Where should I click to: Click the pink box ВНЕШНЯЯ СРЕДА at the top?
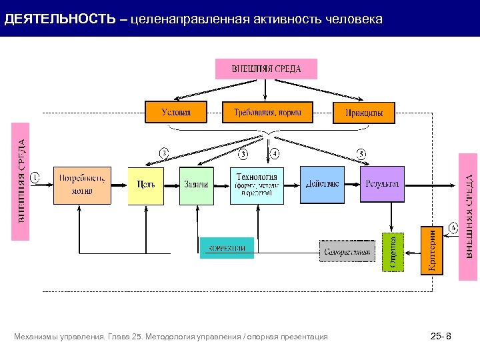(x=266, y=69)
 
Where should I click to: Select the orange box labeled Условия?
(x=176, y=112)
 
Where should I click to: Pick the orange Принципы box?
(x=364, y=113)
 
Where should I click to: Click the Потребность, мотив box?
(x=82, y=185)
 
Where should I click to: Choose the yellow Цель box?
(x=146, y=185)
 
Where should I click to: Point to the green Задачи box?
(x=197, y=185)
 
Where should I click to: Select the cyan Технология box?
(x=257, y=185)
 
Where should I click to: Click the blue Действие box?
(x=323, y=185)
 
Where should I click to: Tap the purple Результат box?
(x=383, y=184)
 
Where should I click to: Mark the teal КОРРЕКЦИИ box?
(x=227, y=248)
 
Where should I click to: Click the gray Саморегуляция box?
(x=346, y=252)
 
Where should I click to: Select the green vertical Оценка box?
(x=393, y=251)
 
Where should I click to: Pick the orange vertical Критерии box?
(x=431, y=249)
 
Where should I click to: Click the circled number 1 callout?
(x=35, y=177)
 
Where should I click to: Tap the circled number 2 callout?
(x=164, y=153)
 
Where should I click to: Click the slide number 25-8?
(x=441, y=337)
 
